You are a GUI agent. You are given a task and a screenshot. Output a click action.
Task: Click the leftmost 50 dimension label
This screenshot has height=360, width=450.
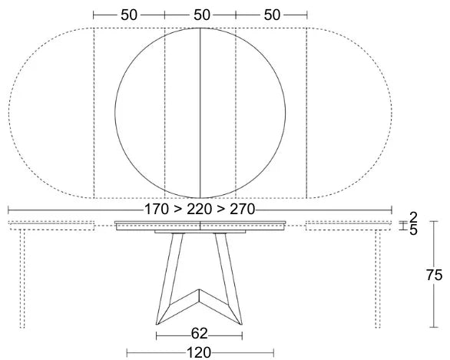click(129, 15)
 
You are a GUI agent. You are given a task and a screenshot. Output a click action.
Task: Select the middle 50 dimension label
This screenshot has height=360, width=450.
click(200, 15)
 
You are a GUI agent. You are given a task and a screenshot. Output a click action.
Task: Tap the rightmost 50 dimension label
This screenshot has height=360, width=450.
click(271, 15)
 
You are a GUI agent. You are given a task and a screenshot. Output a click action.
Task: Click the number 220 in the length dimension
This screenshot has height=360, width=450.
click(200, 209)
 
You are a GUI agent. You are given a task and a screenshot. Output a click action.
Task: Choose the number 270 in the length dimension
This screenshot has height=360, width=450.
click(241, 209)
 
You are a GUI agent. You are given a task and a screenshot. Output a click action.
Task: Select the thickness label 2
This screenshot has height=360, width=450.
click(413, 217)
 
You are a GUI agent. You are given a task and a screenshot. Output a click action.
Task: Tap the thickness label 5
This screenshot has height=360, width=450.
click(413, 230)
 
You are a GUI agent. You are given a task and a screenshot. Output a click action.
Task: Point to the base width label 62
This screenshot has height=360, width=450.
click(200, 334)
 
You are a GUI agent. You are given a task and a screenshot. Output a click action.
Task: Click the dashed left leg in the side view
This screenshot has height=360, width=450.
click(22, 280)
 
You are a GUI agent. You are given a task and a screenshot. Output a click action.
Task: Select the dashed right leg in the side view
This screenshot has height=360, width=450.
click(379, 280)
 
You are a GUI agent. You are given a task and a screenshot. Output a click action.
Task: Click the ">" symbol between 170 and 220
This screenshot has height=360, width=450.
click(179, 209)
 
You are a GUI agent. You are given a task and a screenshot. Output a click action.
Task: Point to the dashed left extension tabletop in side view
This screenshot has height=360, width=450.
click(50, 225)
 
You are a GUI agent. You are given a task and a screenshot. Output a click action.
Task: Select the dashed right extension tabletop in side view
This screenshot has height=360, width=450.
click(349, 225)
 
